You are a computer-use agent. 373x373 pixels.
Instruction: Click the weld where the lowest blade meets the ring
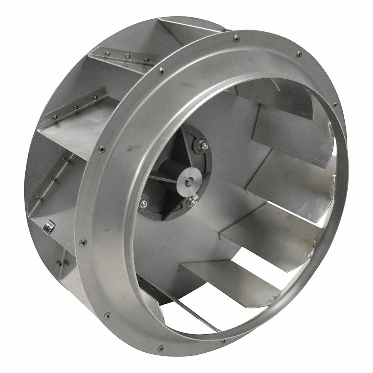[x=309, y=254]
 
